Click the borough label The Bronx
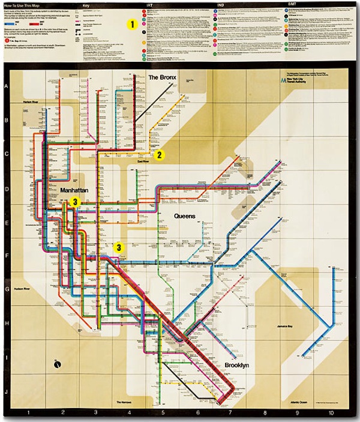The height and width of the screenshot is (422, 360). [161, 79]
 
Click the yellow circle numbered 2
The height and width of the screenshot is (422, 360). [159, 155]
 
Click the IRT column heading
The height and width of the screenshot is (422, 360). [149, 5]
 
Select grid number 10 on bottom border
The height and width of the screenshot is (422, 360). [330, 414]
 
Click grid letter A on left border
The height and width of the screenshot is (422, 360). [7, 87]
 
